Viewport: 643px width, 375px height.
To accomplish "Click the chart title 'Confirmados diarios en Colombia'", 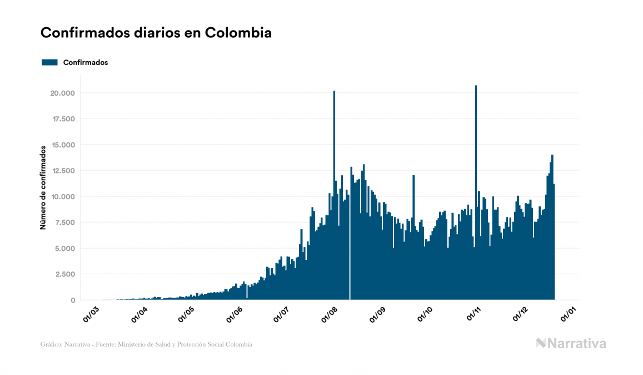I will pyautogui.click(x=156, y=33).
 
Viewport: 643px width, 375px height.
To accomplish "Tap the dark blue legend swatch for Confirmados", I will pyautogui.click(x=49, y=62).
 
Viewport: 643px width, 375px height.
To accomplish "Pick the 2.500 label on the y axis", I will pyautogui.click(x=66, y=274).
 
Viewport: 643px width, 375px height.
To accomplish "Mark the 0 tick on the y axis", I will pyautogui.click(x=73, y=300).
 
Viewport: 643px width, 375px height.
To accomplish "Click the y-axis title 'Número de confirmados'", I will pyautogui.click(x=42, y=187).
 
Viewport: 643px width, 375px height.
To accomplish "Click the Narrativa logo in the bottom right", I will pyautogui.click(x=571, y=343).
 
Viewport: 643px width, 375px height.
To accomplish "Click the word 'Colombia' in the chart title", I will pyautogui.click(x=238, y=33).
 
